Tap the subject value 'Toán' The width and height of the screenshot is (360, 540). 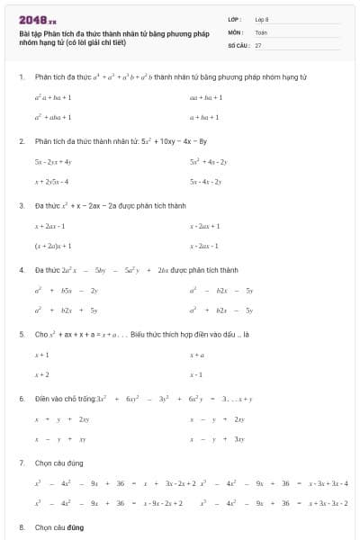(261, 31)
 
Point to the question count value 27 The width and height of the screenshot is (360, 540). (258, 44)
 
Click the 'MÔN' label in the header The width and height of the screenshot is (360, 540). (235, 31)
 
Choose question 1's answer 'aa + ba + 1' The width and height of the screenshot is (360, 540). (205, 96)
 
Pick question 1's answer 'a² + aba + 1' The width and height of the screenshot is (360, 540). (53, 117)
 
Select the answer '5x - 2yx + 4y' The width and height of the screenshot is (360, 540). (53, 161)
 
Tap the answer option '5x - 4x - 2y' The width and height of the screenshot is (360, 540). (206, 182)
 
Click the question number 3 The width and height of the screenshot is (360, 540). (21, 205)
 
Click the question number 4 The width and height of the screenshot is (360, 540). (21, 269)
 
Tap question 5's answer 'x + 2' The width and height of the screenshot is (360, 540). (42, 374)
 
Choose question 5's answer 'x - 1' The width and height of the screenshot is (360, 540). (196, 374)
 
